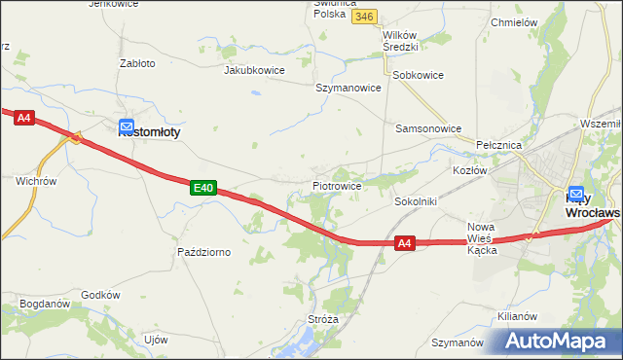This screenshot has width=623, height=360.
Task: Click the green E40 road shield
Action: point(202,186)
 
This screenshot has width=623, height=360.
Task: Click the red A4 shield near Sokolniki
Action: point(406,245)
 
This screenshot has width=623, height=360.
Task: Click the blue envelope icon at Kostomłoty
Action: point(127,126)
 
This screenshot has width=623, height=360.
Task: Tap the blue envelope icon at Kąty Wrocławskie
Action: point(575,194)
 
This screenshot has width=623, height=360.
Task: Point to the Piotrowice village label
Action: point(338,185)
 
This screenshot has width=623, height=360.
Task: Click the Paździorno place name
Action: point(203,252)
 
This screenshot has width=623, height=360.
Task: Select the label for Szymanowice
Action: point(348,88)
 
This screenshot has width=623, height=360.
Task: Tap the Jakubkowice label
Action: point(254,70)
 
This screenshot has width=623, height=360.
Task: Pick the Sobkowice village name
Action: point(418,75)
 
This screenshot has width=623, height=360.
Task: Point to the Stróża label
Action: point(323,318)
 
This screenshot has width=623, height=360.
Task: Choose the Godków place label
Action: point(100,295)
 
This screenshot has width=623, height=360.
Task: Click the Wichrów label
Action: point(37,181)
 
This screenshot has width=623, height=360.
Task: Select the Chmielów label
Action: point(515,22)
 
